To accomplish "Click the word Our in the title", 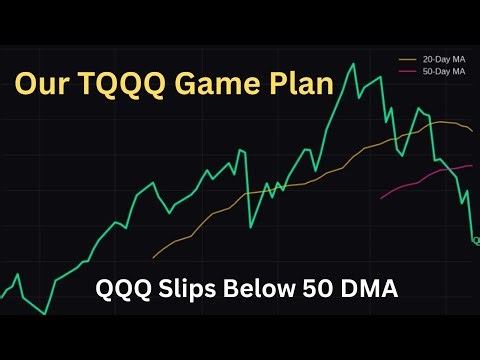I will [42, 83].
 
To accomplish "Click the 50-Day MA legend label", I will [444, 72].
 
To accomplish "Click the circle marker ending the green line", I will [476, 241].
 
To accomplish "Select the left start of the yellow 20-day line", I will [153, 254].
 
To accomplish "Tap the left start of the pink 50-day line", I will [380, 199].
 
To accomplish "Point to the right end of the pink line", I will [472, 165].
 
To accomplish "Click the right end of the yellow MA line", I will [473, 131].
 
